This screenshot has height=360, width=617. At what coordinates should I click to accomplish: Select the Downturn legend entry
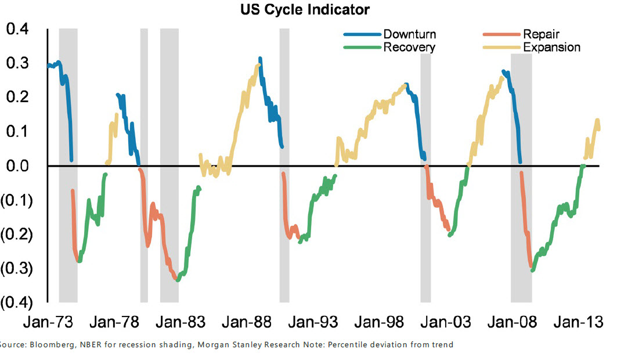click(x=409, y=35)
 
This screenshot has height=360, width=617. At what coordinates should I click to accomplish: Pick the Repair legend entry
click(x=541, y=35)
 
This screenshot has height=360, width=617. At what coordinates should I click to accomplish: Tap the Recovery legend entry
click(x=409, y=47)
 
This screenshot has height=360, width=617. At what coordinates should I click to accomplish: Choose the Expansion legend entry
click(x=551, y=47)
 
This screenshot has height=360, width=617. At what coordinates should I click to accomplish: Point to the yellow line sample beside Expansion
click(x=501, y=47)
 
